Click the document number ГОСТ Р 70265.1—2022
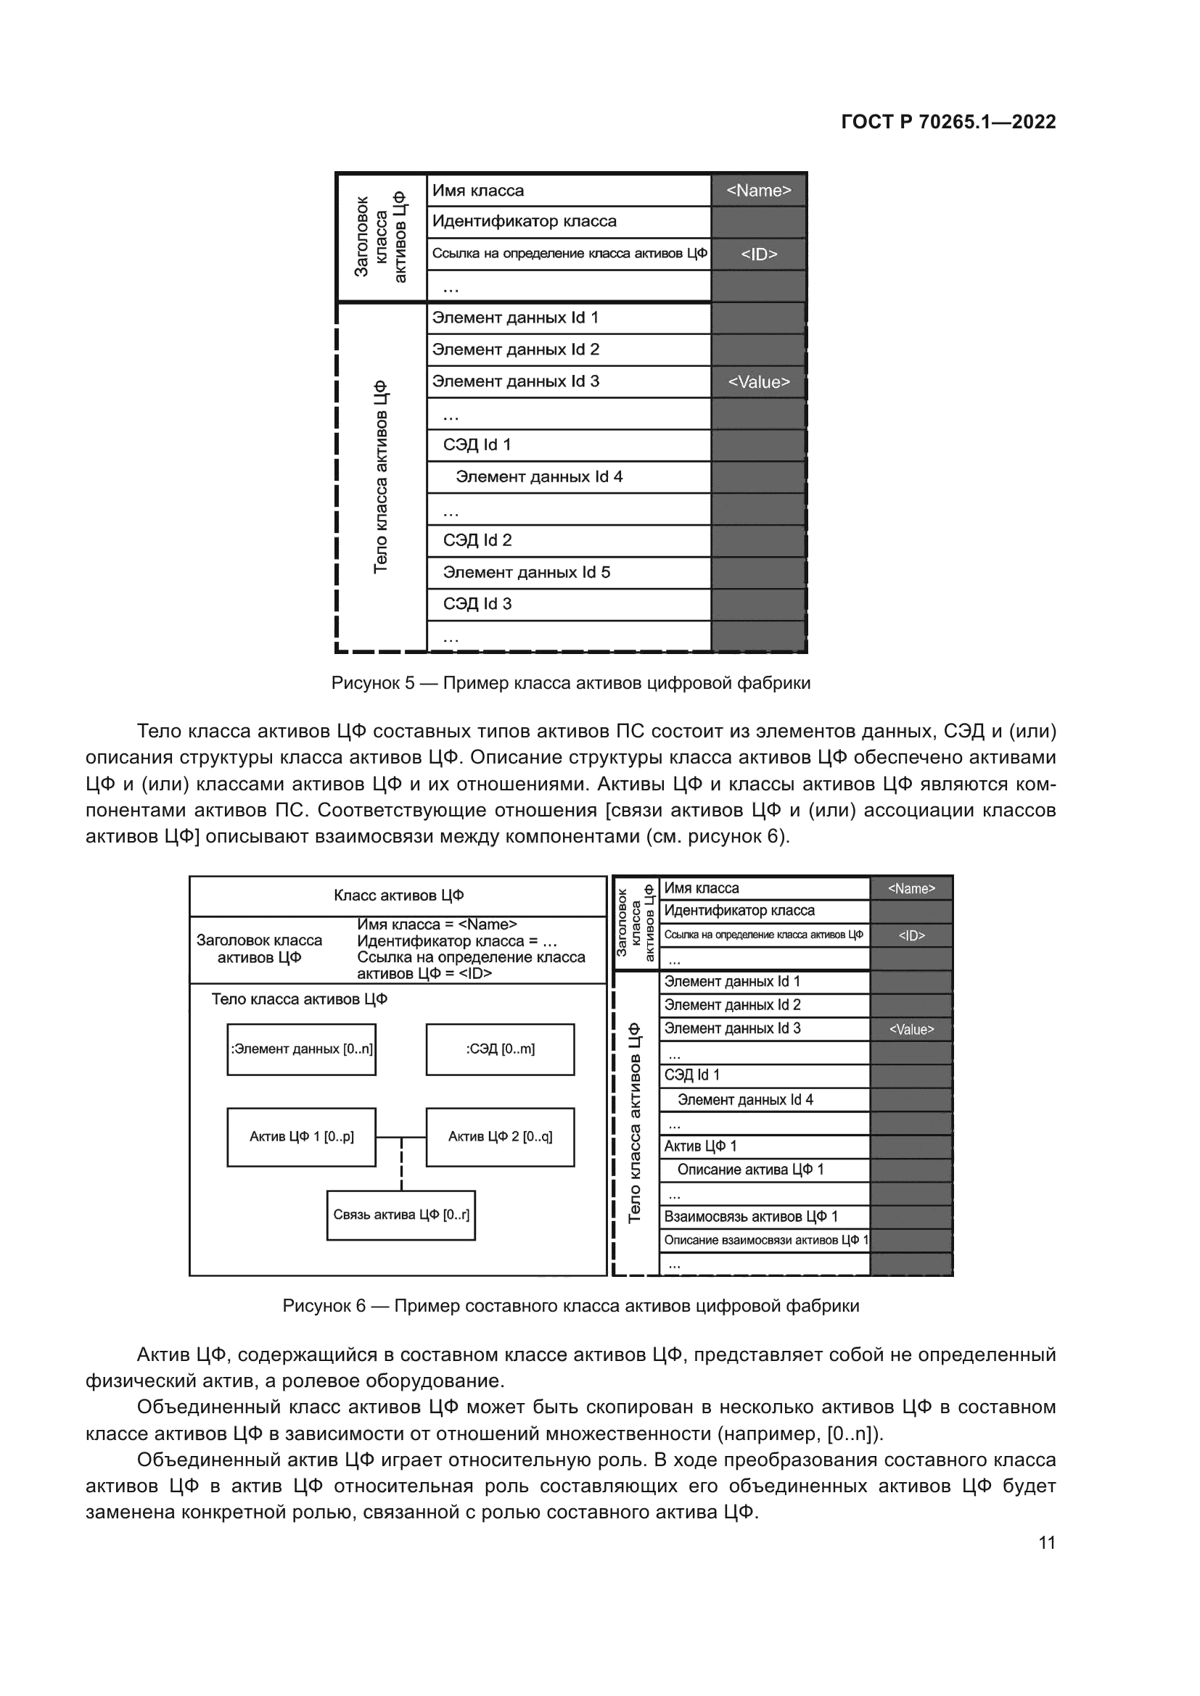[948, 122]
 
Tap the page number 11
[1046, 1542]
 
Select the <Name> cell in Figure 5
[758, 191]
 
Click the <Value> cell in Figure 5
[758, 382]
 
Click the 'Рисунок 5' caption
[570, 682]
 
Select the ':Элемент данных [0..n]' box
[302, 1049]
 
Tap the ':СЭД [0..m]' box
[501, 1049]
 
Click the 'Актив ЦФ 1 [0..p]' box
[302, 1137]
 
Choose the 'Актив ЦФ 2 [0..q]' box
[501, 1137]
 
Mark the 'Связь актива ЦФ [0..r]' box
[401, 1215]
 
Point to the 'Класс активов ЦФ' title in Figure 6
[398, 895]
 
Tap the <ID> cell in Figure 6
[911, 936]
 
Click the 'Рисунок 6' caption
[570, 1306]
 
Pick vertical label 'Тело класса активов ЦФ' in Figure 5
[381, 476]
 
